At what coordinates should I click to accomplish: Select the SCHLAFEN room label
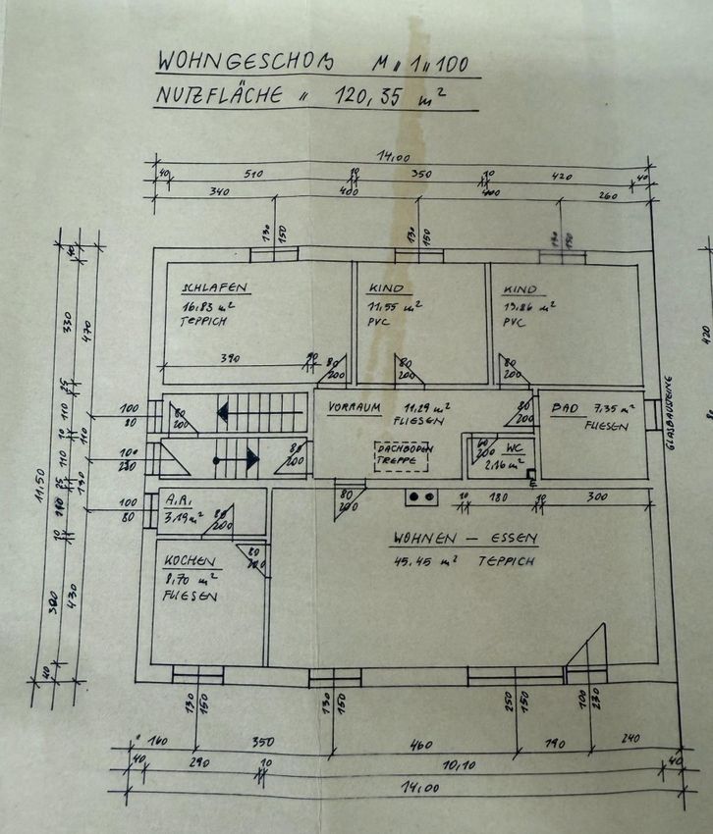(213, 288)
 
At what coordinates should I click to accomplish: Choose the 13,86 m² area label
(529, 306)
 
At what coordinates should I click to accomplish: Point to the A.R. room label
(177, 497)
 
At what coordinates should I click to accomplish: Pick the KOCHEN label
(185, 560)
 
